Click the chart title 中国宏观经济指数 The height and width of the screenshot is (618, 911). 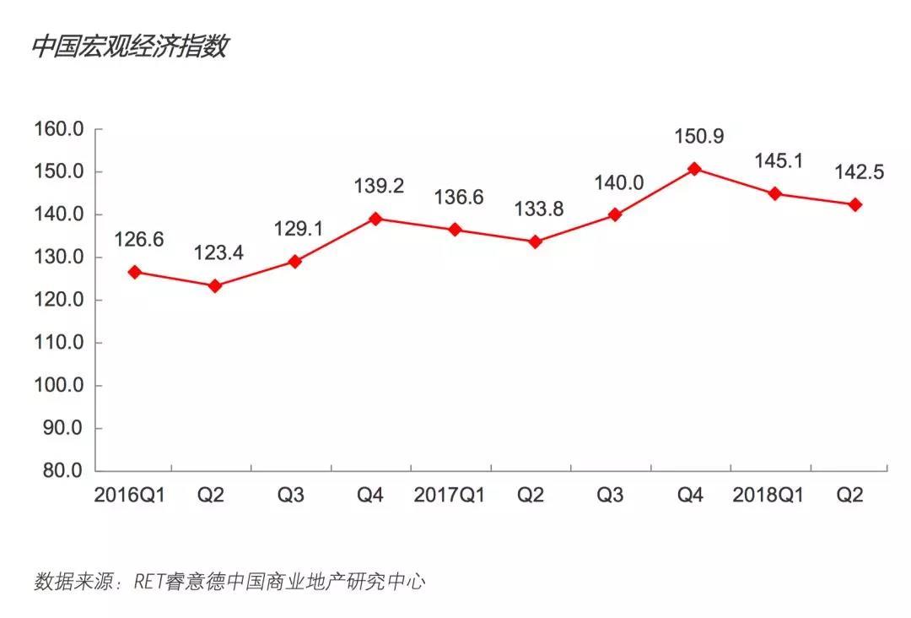[x=130, y=46]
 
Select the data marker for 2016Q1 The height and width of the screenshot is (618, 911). [x=135, y=272]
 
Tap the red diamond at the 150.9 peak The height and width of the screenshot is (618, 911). [x=694, y=169]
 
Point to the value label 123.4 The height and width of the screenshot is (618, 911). [x=218, y=252]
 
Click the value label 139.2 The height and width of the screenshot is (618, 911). [x=378, y=185]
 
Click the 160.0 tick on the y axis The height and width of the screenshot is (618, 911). [x=58, y=130]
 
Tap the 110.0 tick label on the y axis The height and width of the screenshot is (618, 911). [x=58, y=343]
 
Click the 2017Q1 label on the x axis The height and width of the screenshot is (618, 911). [x=450, y=496]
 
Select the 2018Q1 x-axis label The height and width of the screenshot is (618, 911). [x=768, y=496]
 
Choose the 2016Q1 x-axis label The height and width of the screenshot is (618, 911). [x=130, y=496]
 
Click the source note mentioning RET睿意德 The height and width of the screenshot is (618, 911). [x=229, y=582]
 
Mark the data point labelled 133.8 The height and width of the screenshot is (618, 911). [x=535, y=241]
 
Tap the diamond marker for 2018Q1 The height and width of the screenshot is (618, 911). [x=774, y=193]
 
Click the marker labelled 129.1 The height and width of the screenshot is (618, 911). [x=295, y=262]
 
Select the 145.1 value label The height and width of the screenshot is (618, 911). [x=777, y=160]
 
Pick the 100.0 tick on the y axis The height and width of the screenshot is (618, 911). [x=58, y=385]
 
